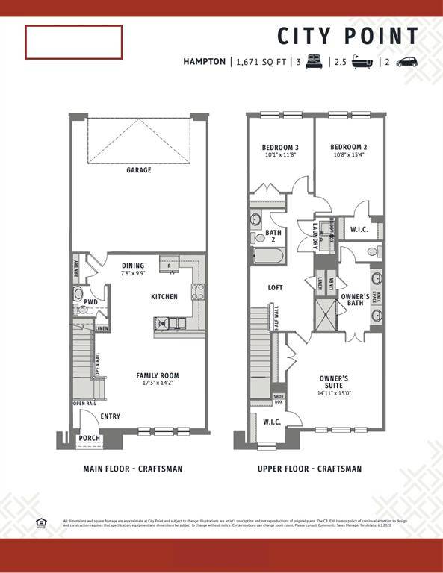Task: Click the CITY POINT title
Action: pyautogui.click(x=348, y=37)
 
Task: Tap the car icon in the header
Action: pyautogui.click(x=407, y=62)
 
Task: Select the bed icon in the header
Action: pyautogui.click(x=313, y=62)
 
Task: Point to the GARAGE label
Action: pyautogui.click(x=138, y=170)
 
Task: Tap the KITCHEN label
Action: pyautogui.click(x=164, y=297)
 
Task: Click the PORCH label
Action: pyautogui.click(x=90, y=439)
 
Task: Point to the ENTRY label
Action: pyautogui.click(x=110, y=416)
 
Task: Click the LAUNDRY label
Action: pyautogui.click(x=315, y=236)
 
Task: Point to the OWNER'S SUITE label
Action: pyautogui.click(x=334, y=382)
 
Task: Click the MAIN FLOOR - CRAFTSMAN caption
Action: pyautogui.click(x=132, y=469)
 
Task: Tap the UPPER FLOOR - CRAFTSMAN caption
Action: pyautogui.click(x=309, y=469)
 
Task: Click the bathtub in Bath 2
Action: pyautogui.click(x=267, y=258)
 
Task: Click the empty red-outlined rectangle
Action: pyautogui.click(x=73, y=43)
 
